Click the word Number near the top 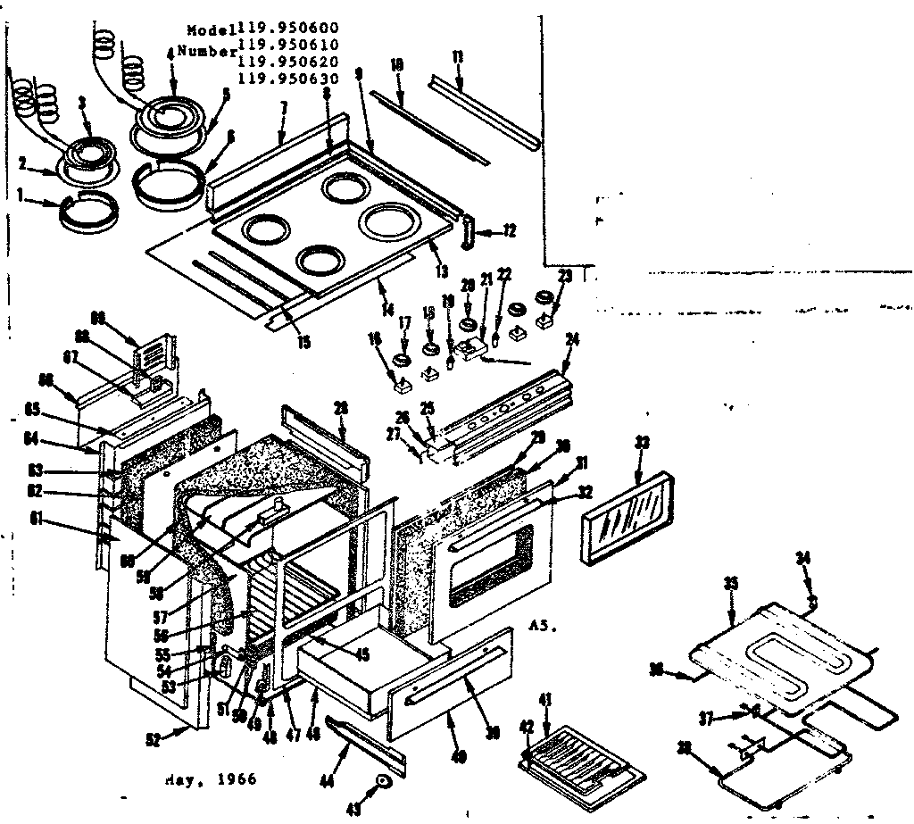click(207, 52)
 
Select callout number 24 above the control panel click(571, 339)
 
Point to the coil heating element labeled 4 click(170, 115)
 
